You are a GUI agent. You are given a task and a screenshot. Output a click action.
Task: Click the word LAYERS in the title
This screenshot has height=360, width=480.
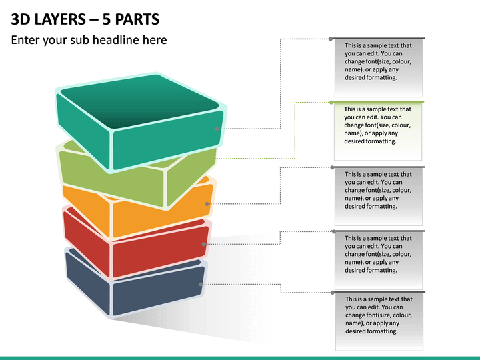60,19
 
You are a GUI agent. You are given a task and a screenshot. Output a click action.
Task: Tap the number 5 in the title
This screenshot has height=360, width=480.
106,19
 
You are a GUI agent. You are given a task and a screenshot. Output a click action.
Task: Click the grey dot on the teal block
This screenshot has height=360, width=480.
217,129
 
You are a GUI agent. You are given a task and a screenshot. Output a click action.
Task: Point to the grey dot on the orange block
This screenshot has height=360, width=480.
207,204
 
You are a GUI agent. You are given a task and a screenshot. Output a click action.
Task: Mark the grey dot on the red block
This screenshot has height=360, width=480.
203,244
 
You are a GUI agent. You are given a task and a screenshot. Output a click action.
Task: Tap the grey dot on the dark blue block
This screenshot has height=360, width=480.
201,285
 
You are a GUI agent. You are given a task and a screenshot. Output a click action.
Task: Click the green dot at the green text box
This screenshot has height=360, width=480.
331,103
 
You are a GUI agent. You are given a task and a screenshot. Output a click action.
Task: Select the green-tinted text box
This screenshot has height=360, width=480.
378,131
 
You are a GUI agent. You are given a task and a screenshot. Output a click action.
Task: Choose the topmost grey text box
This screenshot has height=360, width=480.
379,67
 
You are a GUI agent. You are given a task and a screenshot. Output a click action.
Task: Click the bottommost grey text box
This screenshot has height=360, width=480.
379,321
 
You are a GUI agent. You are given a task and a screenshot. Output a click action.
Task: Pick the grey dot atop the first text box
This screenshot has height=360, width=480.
331,39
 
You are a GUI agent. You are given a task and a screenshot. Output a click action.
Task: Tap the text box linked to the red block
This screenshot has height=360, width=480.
379,260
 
